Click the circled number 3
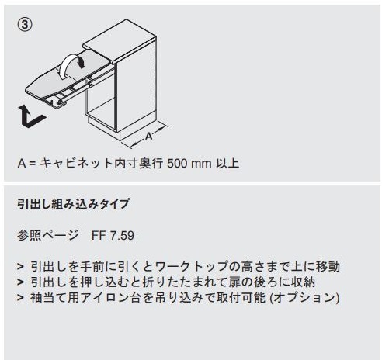point(24,25)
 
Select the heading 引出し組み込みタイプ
point(73,206)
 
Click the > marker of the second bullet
point(20,282)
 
